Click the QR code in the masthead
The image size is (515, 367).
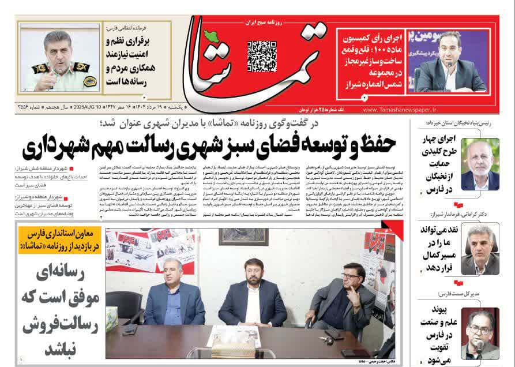pyautogui.click(x=262, y=56)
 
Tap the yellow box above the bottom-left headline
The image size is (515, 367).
pyautogui.click(x=59, y=239)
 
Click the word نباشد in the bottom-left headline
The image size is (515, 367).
pyautogui.click(x=59, y=348)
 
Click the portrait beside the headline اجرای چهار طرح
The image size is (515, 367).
pyautogui.click(x=480, y=164)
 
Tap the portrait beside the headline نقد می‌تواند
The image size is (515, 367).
pyautogui.click(x=480, y=249)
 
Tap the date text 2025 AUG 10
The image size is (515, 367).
pyautogui.click(x=93, y=108)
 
